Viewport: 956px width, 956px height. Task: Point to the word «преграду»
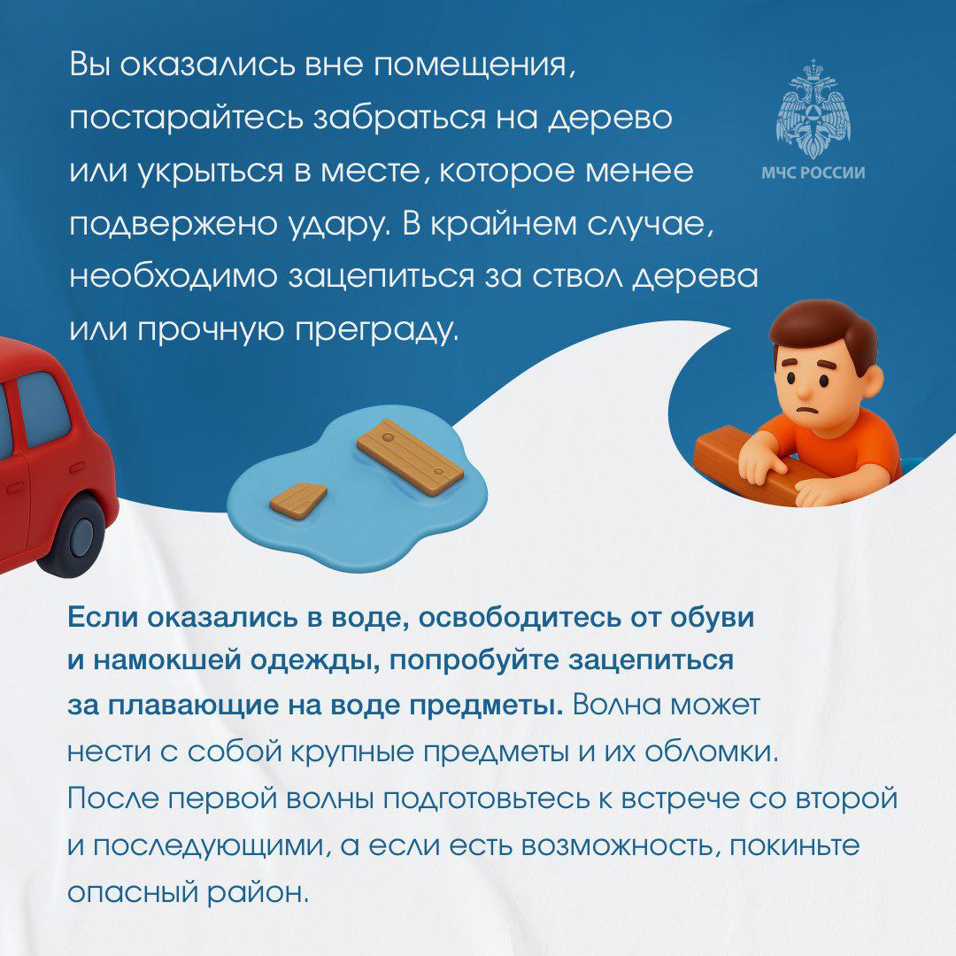376,331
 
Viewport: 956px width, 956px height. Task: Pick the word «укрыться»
211,172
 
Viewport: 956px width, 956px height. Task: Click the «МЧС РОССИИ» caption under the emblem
813,173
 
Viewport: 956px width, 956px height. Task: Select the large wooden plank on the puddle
410,456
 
